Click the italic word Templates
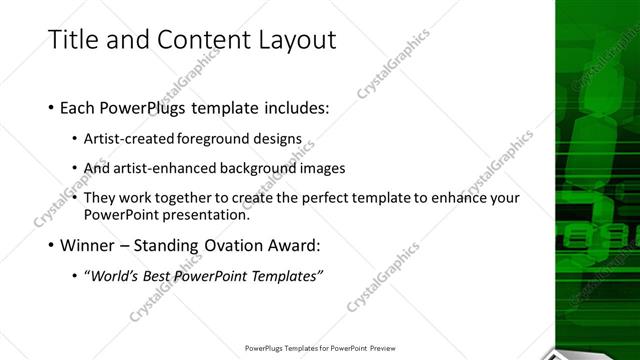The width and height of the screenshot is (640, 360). (x=285, y=276)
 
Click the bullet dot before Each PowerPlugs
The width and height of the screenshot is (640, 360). (x=51, y=107)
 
